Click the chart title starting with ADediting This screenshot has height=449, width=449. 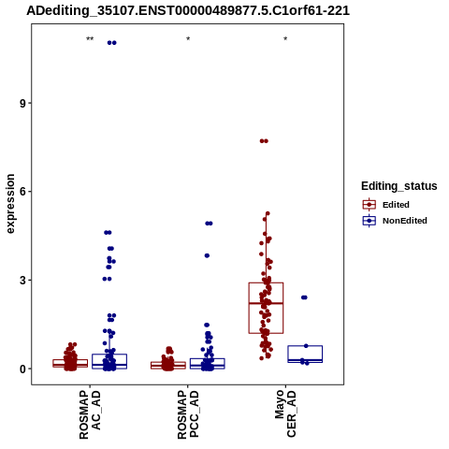coord(188,10)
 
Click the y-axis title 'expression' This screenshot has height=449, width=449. coord(10,204)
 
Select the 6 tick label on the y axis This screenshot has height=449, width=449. coord(22,192)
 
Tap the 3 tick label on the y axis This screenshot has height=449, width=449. coord(22,280)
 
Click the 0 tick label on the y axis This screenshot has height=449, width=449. coord(22,369)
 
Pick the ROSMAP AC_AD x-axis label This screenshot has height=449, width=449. coord(90,414)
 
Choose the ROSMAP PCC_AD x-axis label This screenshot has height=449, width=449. coord(188,414)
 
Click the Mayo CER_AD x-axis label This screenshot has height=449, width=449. coord(285,413)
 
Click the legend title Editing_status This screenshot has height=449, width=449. coord(399,186)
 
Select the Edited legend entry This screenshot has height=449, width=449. coord(385,205)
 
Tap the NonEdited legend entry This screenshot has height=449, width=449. coord(395,221)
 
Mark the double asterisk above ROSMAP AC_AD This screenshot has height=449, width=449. coord(90,39)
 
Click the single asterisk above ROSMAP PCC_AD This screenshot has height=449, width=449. coord(188,39)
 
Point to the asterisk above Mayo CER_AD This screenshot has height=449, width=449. coord(285,39)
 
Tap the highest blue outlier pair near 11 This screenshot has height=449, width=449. coord(111,43)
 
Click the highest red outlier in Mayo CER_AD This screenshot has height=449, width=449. coord(264,141)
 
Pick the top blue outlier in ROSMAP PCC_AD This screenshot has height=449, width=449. coord(209,224)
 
